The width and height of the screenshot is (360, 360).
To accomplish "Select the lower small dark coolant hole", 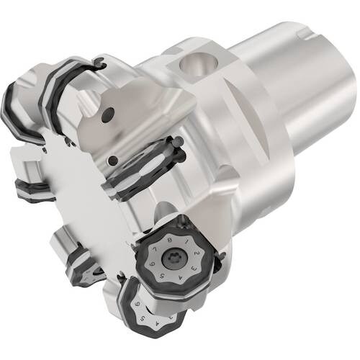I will (113, 161).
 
